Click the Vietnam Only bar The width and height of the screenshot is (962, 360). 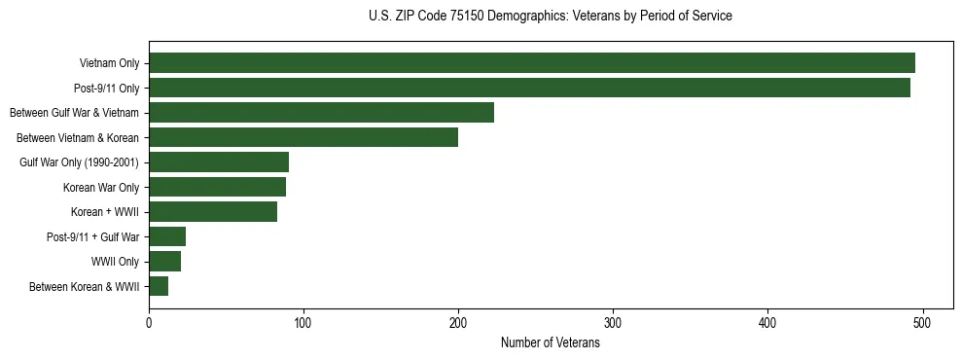(x=532, y=63)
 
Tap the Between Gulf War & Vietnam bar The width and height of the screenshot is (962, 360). (x=321, y=113)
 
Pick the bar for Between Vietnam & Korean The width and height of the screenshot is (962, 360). (x=303, y=137)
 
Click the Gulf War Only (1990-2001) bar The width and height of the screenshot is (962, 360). (x=219, y=162)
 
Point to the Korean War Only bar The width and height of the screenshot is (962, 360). (x=217, y=187)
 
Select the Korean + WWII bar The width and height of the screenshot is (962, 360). (x=213, y=212)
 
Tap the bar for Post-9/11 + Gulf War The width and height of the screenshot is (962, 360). (x=167, y=236)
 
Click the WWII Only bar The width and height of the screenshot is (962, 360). (x=164, y=262)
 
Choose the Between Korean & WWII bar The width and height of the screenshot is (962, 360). (x=159, y=286)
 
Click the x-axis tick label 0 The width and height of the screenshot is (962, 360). (x=149, y=322)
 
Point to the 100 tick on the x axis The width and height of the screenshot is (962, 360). (x=303, y=322)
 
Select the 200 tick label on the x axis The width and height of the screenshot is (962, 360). (x=458, y=322)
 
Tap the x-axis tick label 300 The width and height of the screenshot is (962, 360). (x=613, y=322)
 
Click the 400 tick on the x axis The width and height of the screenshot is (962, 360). (x=768, y=322)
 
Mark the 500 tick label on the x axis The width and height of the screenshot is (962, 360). (x=923, y=322)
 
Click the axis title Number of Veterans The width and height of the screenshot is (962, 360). (x=550, y=343)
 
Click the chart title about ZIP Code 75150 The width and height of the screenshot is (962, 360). (x=550, y=17)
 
